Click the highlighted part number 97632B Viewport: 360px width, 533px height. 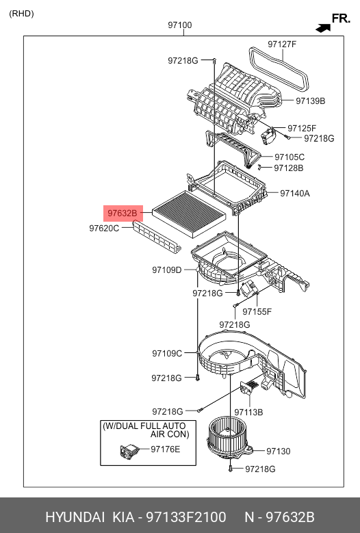click(x=123, y=213)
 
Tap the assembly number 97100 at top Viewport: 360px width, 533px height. click(x=180, y=25)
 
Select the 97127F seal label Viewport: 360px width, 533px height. click(x=282, y=44)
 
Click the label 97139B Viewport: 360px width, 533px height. click(x=310, y=101)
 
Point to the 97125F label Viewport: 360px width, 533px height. click(x=302, y=128)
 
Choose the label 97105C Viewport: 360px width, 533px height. click(x=290, y=157)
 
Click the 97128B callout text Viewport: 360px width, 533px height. click(x=289, y=168)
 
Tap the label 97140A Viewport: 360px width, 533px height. click(x=295, y=194)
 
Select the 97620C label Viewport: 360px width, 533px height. click(x=104, y=228)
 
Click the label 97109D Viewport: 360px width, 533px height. click(x=167, y=270)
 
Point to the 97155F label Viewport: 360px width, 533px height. click(x=257, y=312)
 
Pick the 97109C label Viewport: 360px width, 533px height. click(x=167, y=354)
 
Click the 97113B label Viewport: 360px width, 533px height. click(x=248, y=413)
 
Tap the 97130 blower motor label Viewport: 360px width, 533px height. click(x=279, y=452)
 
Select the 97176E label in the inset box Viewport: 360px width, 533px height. click(x=165, y=450)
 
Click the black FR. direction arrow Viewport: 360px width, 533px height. click(x=323, y=28)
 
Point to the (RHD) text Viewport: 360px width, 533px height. click(x=21, y=14)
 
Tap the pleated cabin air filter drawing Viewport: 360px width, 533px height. click(x=189, y=214)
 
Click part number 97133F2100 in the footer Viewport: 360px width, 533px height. click(x=186, y=517)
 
